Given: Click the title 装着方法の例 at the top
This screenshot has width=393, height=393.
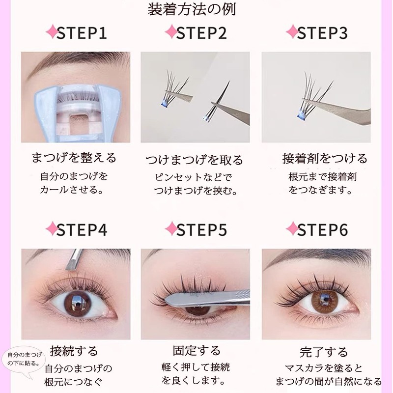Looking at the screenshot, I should click(196, 9).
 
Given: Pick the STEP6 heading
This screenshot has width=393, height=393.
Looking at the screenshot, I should click(322, 230).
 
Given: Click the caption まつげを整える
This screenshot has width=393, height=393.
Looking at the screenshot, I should click(74, 158).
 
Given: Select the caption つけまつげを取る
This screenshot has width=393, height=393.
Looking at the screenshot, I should click(195, 160).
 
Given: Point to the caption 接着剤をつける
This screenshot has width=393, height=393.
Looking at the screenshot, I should click(325, 158).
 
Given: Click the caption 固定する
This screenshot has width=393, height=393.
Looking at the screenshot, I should click(196, 351).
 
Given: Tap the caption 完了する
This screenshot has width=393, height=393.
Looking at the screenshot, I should click(323, 352).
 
